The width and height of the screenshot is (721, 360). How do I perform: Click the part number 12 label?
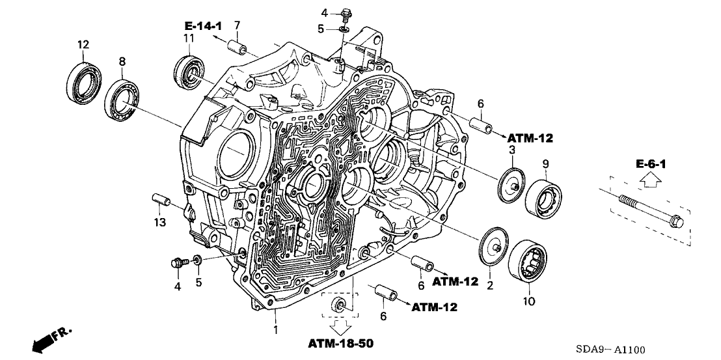[82, 44]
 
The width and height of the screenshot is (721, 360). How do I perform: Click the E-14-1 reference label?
[204, 26]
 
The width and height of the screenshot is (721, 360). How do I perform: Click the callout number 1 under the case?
[276, 331]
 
